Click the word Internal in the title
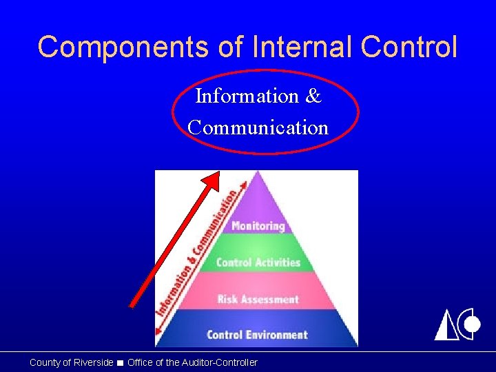(287, 47)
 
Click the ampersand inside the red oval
(313, 96)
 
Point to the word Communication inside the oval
(258, 127)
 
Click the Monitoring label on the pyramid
(258, 226)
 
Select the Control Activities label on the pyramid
(258, 262)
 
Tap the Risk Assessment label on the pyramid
(258, 299)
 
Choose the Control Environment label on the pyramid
(257, 335)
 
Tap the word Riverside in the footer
(92, 362)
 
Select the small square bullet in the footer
(121, 363)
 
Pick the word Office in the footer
(141, 362)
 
